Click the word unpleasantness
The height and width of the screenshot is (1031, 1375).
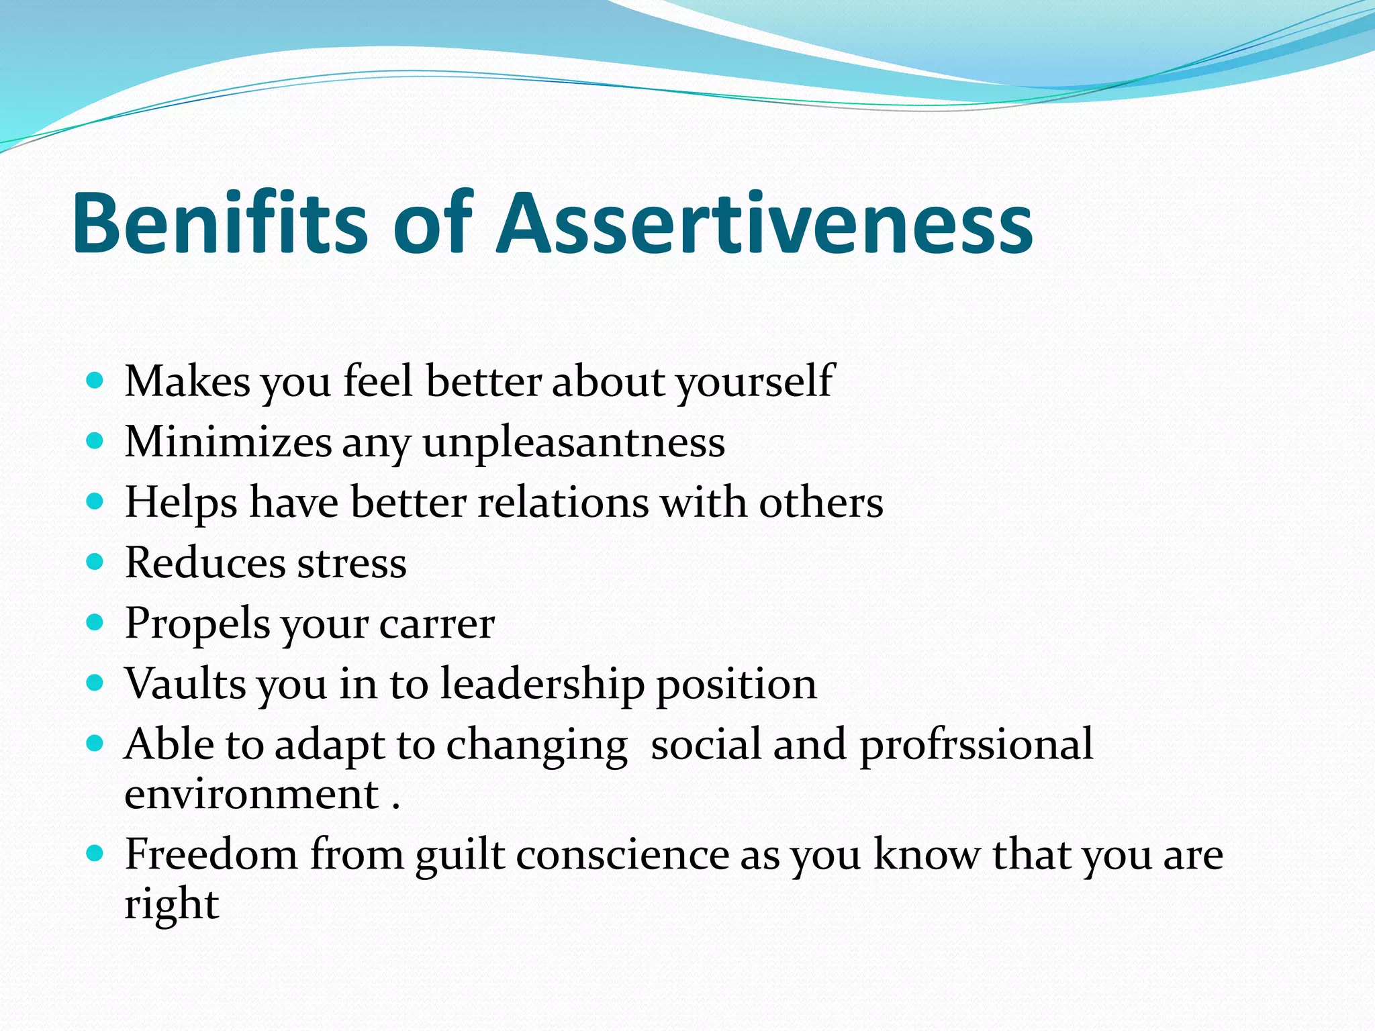[573, 443]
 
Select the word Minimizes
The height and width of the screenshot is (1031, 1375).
[228, 443]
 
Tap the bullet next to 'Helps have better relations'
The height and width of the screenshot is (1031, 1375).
[95, 501]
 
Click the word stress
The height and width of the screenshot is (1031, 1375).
[352, 563]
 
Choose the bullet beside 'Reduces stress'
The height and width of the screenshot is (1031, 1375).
[95, 561]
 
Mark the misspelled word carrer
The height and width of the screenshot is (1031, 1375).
[436, 624]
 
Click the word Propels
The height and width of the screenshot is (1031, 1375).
[197, 624]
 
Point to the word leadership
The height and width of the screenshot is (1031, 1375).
[541, 685]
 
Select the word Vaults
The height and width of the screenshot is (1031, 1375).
[185, 685]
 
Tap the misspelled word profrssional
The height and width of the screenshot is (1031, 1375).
[976, 745]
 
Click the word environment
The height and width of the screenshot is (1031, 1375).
[252, 795]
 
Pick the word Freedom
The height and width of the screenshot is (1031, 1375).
[211, 855]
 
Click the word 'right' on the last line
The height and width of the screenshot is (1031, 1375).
[172, 905]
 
